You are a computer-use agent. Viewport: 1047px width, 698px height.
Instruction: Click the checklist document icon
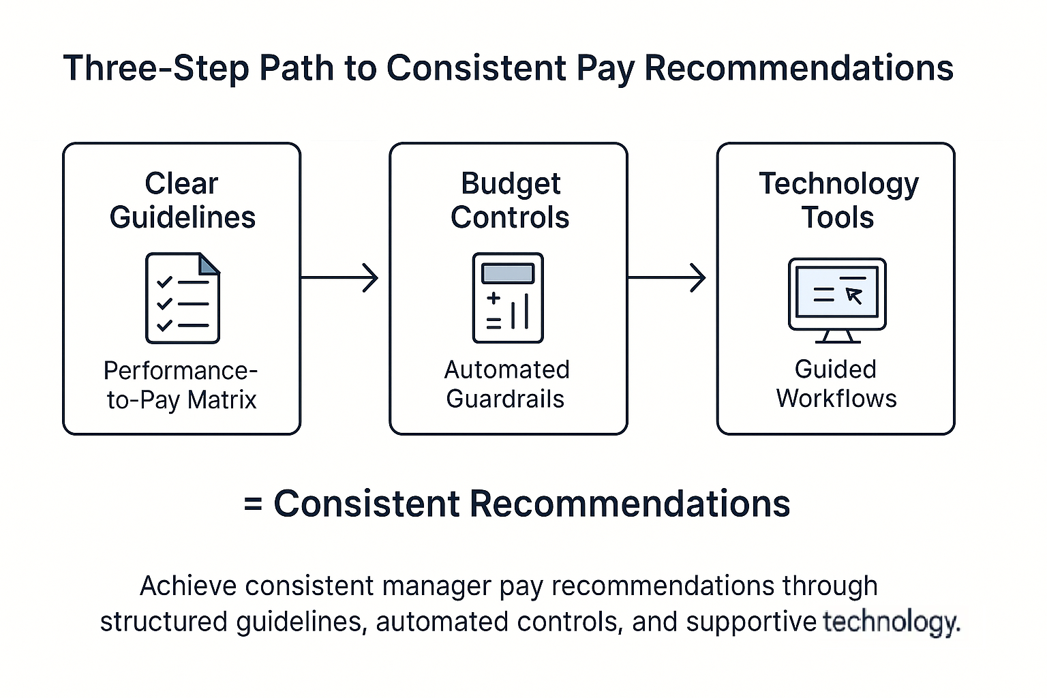click(x=183, y=298)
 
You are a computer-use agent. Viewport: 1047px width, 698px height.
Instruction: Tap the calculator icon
click(x=508, y=298)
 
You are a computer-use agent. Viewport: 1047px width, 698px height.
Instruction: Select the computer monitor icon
click(x=837, y=300)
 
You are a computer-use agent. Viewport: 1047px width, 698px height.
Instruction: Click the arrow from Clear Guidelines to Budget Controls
click(x=339, y=277)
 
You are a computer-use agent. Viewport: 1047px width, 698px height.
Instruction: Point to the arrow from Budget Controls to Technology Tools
click(x=667, y=277)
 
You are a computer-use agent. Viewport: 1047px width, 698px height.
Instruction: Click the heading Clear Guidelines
click(x=182, y=200)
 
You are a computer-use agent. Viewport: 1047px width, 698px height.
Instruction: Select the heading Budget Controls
click(x=510, y=200)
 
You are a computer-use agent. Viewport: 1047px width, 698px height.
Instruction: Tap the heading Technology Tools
click(x=838, y=200)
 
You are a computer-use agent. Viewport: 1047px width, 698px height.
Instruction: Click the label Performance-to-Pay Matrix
click(x=181, y=385)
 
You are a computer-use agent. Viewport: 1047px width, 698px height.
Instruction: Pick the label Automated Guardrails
click(x=506, y=384)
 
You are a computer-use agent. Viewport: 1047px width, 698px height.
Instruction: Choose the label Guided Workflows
click(x=836, y=384)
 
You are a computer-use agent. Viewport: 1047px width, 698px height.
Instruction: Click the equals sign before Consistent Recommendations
click(x=253, y=505)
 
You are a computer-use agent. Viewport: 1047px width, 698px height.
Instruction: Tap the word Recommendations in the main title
click(x=798, y=69)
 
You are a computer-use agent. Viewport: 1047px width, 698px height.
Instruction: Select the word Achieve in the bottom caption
click(x=188, y=586)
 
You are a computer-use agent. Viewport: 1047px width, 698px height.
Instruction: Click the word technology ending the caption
click(x=890, y=622)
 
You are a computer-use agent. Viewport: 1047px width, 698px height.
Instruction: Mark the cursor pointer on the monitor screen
click(x=853, y=294)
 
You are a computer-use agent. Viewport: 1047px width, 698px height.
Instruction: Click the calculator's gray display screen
click(x=508, y=273)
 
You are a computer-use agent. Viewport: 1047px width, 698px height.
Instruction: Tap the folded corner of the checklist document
click(x=211, y=264)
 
